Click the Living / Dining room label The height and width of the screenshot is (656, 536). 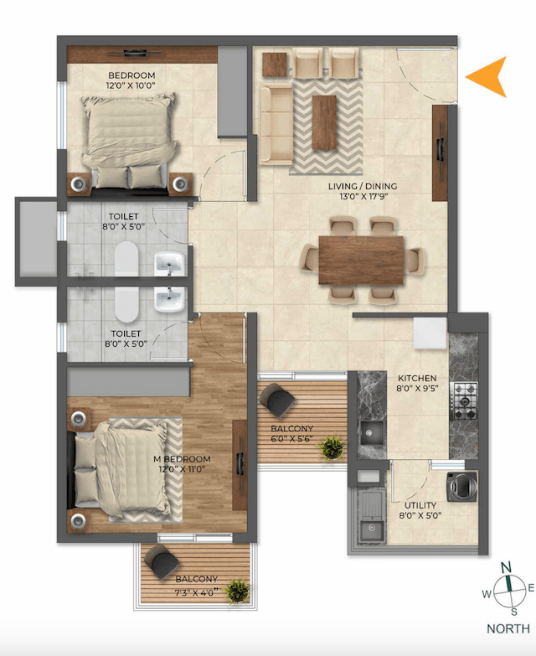click(x=368, y=192)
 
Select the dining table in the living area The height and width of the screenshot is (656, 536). click(x=361, y=259)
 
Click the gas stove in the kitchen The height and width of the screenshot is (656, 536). click(x=464, y=396)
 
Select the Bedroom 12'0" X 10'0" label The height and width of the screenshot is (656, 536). click(x=130, y=80)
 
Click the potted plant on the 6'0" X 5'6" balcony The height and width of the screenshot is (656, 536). click(x=332, y=446)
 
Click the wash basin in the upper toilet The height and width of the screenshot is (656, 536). click(x=168, y=263)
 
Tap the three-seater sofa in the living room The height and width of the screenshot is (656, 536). click(x=274, y=124)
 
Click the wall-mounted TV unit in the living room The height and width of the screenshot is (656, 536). click(x=440, y=152)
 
